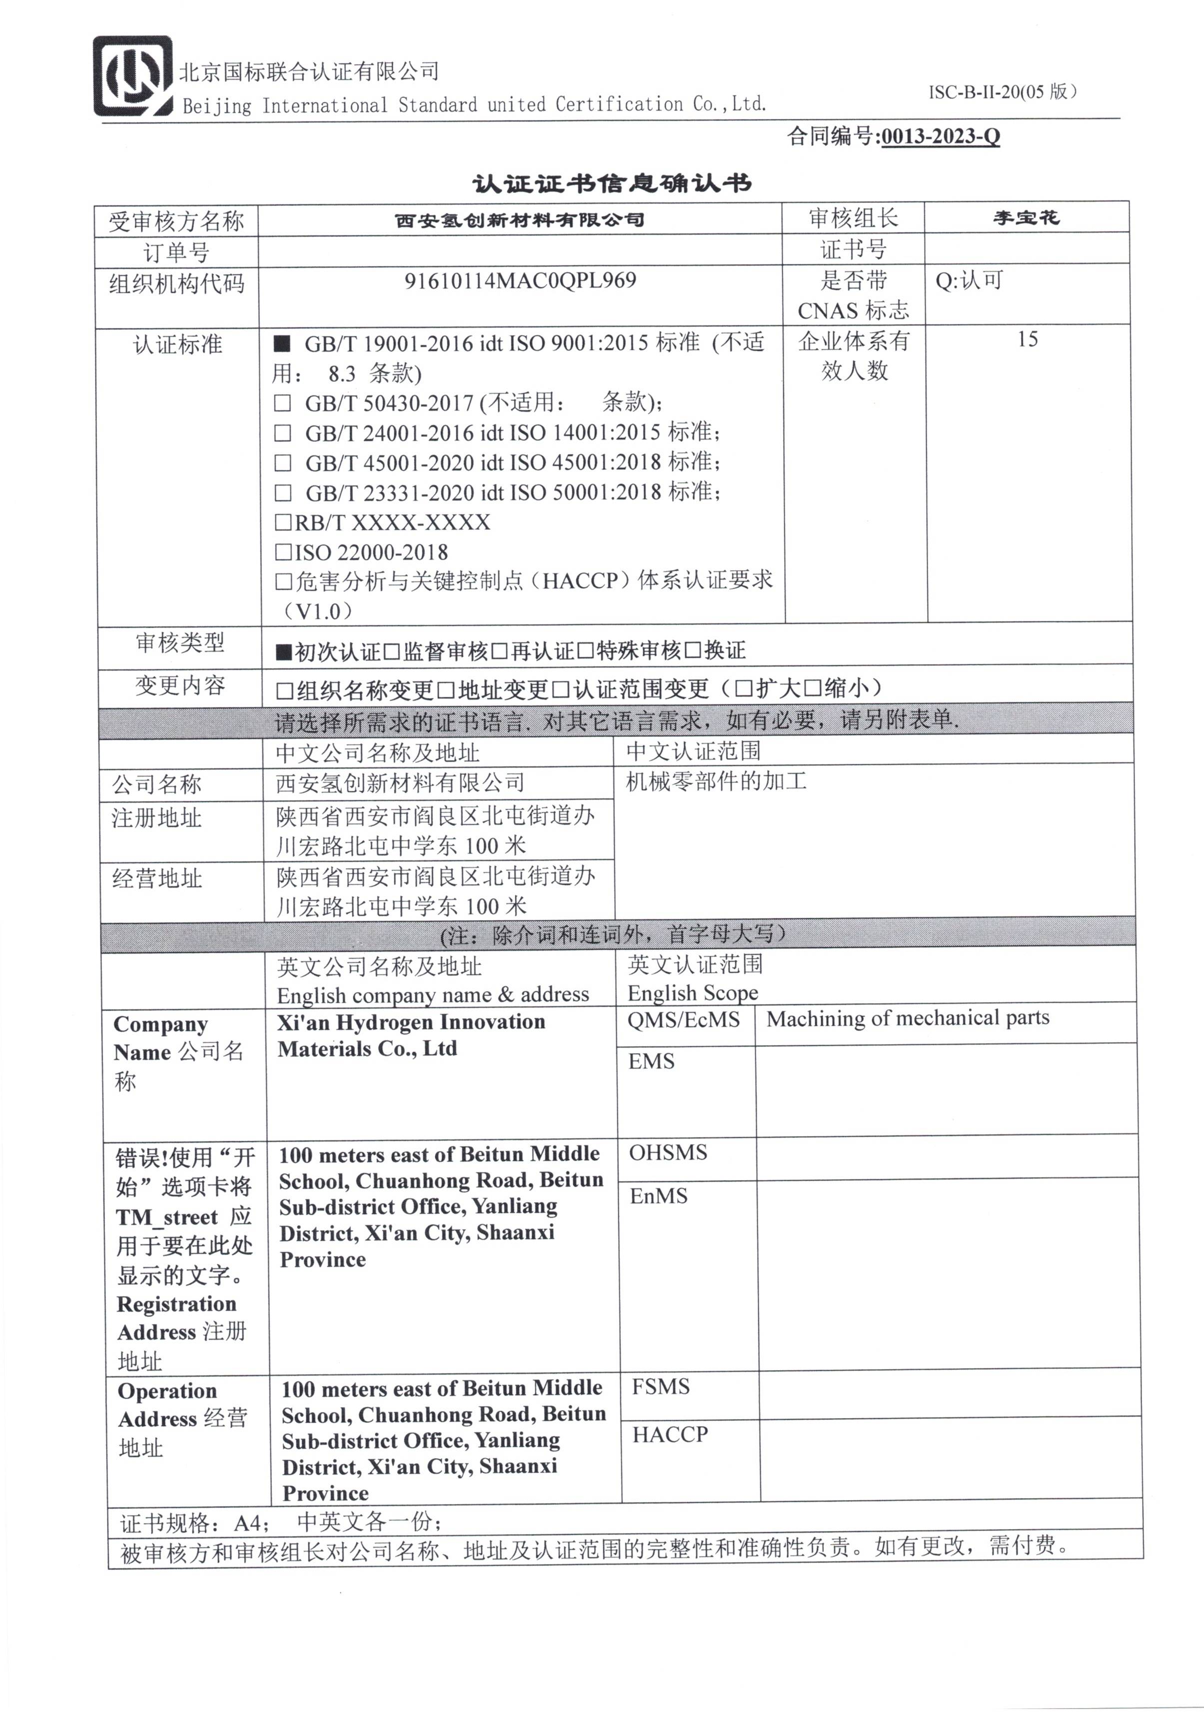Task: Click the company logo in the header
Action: point(132,76)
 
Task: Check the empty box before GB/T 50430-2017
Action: point(282,403)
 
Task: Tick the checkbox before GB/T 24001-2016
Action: point(282,433)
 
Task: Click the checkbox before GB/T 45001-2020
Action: point(282,463)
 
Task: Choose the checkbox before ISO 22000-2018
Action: point(283,552)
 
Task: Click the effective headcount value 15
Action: point(1028,340)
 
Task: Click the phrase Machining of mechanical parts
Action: point(908,1018)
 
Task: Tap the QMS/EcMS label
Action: point(683,1019)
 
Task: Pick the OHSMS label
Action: point(668,1152)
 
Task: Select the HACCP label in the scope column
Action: point(670,1435)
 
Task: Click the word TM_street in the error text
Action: point(166,1218)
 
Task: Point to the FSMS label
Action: point(660,1387)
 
